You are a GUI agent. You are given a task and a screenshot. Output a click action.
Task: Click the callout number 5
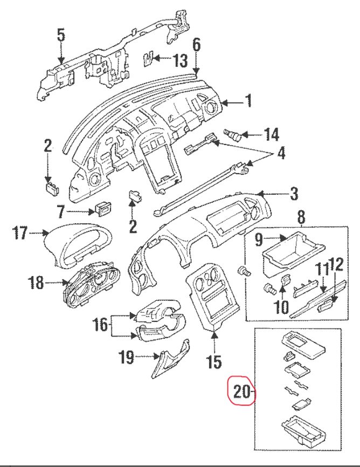click(x=61, y=36)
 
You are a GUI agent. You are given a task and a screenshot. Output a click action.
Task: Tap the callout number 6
click(x=196, y=45)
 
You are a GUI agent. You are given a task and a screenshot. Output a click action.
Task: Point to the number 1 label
click(x=248, y=101)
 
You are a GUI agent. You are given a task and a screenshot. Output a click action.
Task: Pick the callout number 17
click(x=20, y=233)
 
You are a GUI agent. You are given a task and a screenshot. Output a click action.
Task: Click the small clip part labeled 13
click(x=150, y=58)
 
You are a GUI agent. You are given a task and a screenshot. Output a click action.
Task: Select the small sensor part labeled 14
click(x=233, y=133)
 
